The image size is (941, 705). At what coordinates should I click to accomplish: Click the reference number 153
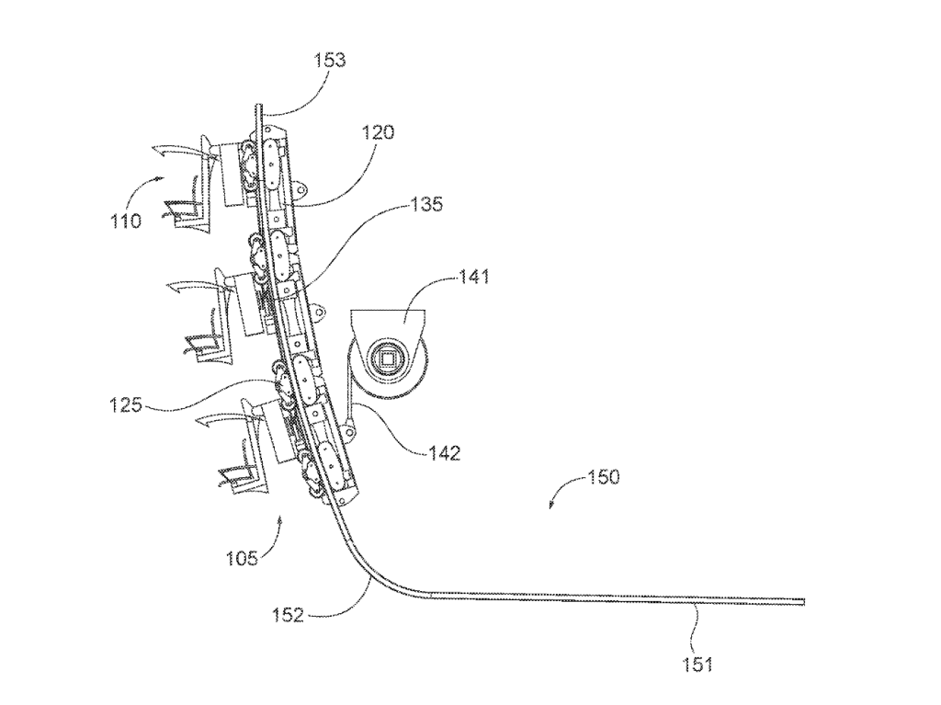pyautogui.click(x=329, y=61)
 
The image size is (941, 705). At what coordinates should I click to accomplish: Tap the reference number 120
pyautogui.click(x=377, y=132)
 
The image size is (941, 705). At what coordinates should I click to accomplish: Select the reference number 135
pyautogui.click(x=425, y=204)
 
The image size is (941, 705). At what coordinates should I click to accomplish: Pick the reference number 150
pyautogui.click(x=603, y=477)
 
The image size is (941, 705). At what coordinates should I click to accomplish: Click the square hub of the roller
pyautogui.click(x=390, y=358)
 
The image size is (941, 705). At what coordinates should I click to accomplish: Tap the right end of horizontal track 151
pyautogui.click(x=803, y=602)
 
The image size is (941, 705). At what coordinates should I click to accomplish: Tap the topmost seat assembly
pyautogui.click(x=198, y=184)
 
